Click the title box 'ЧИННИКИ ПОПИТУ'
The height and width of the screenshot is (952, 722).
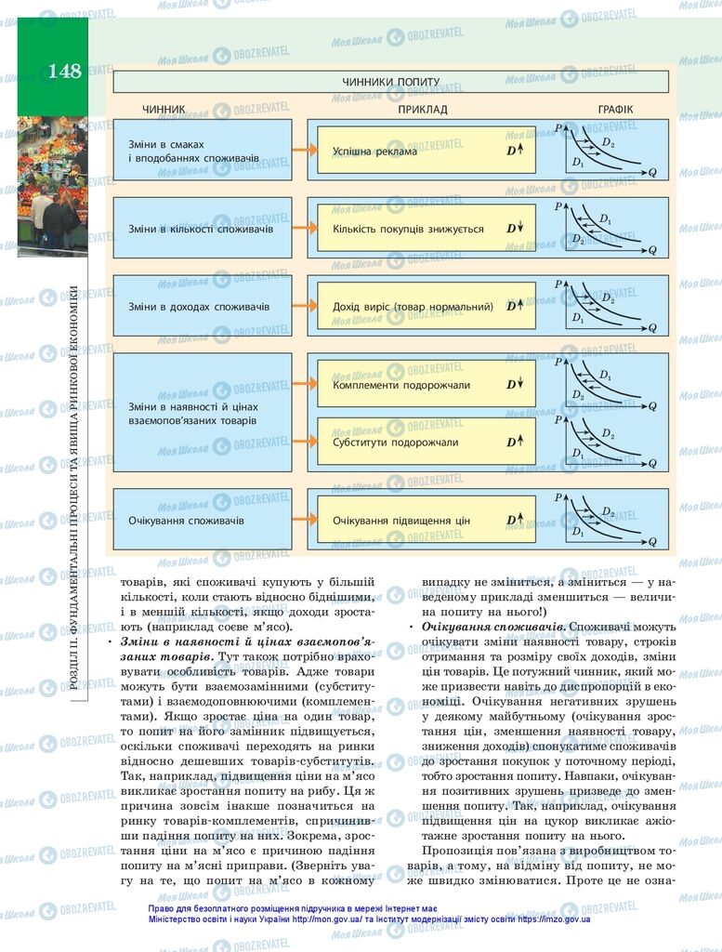390,82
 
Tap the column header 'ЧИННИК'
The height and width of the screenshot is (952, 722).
164,110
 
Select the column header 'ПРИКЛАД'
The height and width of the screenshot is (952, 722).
423,110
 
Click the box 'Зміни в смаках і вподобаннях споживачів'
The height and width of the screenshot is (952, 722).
202,150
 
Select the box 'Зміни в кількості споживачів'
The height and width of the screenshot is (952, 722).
202,228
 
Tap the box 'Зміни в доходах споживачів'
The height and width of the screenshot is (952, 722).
202,305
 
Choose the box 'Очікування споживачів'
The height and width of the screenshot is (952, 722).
202,520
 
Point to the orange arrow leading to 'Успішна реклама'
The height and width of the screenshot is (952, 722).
301,150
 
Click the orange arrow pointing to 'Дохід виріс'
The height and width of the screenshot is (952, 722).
301,305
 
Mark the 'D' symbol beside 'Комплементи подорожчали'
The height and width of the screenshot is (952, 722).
512,385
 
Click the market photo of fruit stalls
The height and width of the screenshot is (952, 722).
51,186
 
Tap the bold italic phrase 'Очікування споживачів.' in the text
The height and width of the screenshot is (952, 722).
492,628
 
